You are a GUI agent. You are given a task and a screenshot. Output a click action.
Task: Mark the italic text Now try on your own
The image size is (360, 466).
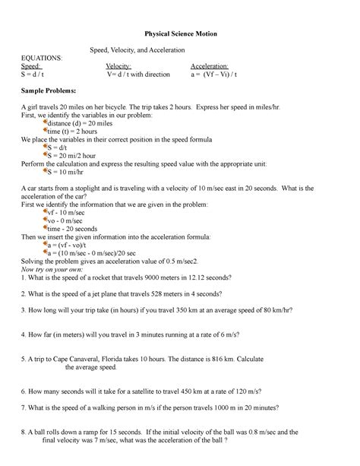point(58,269)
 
